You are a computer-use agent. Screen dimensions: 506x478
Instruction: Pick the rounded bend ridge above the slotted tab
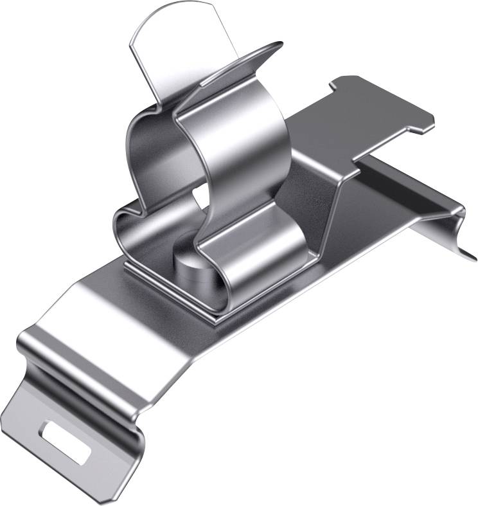pyautogui.click(x=77, y=360)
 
